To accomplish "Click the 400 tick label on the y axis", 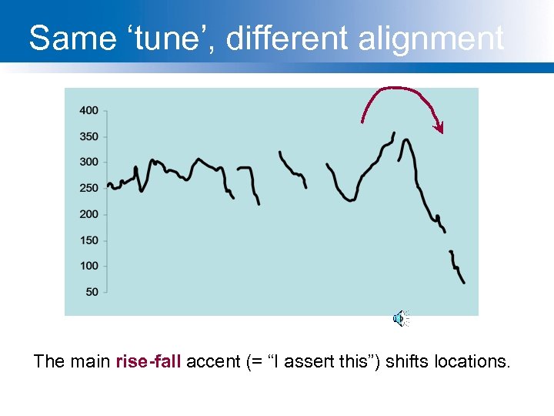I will pyautogui.click(x=88, y=110).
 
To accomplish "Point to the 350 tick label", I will pyautogui.click(x=88, y=136).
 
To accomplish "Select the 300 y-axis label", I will pyautogui.click(x=88, y=162).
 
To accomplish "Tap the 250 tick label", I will pyautogui.click(x=88, y=188).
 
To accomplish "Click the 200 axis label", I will pyautogui.click(x=88, y=214).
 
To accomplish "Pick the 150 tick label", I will pyautogui.click(x=88, y=240).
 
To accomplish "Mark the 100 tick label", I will pyautogui.click(x=88, y=266).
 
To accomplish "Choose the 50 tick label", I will pyautogui.click(x=92, y=292).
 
